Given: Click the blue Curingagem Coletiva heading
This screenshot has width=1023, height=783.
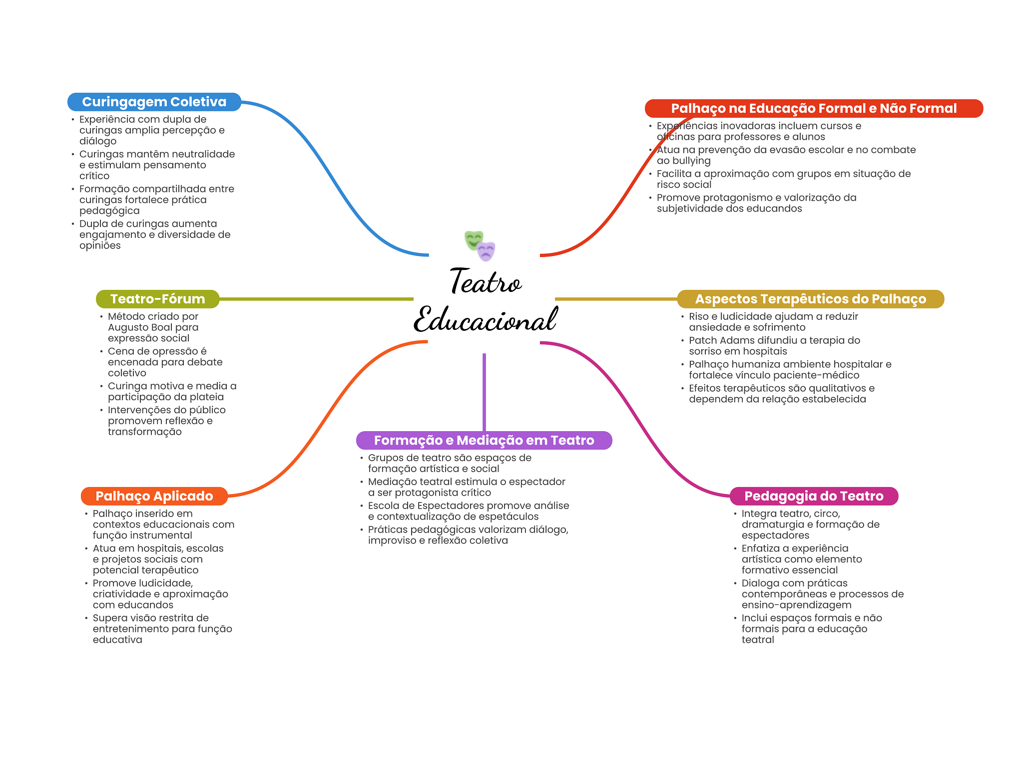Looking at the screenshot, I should [x=154, y=102].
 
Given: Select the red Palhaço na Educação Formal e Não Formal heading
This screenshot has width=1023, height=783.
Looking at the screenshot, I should [x=813, y=108].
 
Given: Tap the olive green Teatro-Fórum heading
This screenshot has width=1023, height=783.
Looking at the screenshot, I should [x=157, y=299].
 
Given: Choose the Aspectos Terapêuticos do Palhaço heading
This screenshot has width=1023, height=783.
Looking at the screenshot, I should [x=810, y=299].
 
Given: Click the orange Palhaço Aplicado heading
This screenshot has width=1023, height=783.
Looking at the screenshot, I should [x=154, y=496].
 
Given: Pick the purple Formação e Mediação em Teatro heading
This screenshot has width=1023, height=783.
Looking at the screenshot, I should [x=484, y=440].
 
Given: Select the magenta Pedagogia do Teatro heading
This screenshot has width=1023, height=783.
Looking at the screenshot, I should [x=814, y=496].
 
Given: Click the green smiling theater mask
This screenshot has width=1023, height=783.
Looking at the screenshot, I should [x=473, y=240].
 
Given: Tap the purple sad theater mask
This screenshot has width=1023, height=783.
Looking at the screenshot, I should [x=486, y=251].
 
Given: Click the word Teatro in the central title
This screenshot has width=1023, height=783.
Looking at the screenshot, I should [x=485, y=282].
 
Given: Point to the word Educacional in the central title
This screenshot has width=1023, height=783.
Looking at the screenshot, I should [x=485, y=320].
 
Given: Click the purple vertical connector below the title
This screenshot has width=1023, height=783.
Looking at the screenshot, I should [x=484, y=392].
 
